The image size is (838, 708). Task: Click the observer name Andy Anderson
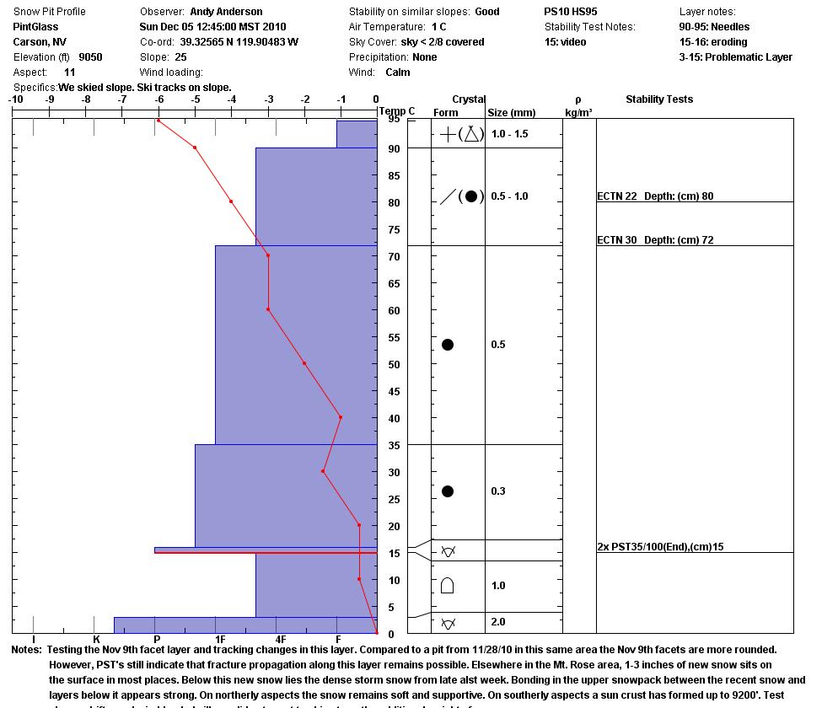[x=226, y=12]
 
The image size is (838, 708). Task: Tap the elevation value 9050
[x=90, y=57]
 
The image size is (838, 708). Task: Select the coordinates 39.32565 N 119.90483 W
[x=239, y=42]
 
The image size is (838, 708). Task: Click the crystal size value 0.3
[x=498, y=491]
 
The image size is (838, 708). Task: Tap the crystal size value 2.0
[x=498, y=622]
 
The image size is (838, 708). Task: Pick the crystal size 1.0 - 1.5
[x=509, y=134]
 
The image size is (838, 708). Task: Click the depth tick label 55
[x=394, y=337]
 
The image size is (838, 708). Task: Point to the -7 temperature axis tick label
[x=122, y=99]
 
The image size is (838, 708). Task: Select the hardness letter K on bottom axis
[x=96, y=640]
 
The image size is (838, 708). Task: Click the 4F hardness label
[x=281, y=640]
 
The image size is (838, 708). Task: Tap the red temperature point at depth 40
[x=341, y=417]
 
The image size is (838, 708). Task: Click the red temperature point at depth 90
[x=195, y=147]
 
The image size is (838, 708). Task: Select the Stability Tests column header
[x=658, y=99]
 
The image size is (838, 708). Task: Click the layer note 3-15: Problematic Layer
[x=735, y=57]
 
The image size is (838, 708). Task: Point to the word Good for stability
[x=487, y=12]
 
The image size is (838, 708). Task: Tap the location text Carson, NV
[x=40, y=42]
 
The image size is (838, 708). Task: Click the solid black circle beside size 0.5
[x=448, y=345]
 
